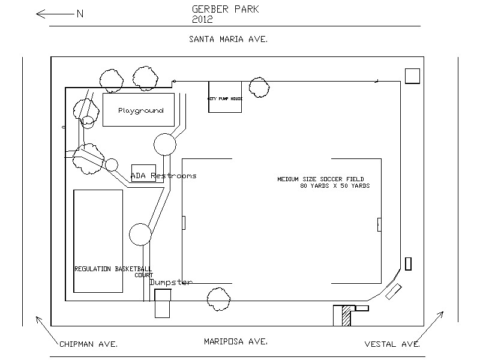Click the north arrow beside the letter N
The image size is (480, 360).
(55, 14)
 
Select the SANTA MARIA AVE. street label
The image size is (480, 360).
(228, 39)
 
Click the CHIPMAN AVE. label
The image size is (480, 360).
(88, 344)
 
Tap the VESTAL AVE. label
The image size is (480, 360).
(392, 344)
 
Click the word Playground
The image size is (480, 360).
(141, 111)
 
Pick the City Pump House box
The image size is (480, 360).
(225, 97)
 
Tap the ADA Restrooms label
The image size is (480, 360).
(164, 176)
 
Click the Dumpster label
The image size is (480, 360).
(171, 282)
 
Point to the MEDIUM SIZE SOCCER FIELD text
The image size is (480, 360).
(320, 179)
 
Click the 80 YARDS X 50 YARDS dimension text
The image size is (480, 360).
(335, 186)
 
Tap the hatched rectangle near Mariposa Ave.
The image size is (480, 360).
(346, 316)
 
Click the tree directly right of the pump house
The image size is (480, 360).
(259, 86)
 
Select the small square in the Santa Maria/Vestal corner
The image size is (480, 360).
(412, 76)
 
